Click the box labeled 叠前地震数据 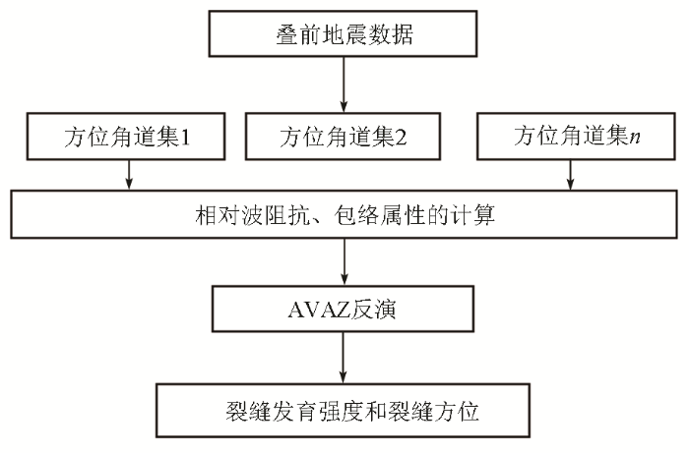point(343,34)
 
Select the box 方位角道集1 point(126,137)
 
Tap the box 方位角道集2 point(343,137)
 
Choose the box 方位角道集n point(576,137)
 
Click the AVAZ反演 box point(343,309)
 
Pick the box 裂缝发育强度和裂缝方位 point(343,411)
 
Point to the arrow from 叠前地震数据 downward point(344,85)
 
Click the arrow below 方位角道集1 point(129,175)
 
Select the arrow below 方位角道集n point(570,175)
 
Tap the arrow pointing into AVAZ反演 point(344,261)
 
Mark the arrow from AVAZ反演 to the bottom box point(344,358)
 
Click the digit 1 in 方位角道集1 point(185,138)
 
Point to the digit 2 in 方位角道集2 point(401,138)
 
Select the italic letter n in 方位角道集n point(634,138)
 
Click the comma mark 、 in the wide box point(320,220)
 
